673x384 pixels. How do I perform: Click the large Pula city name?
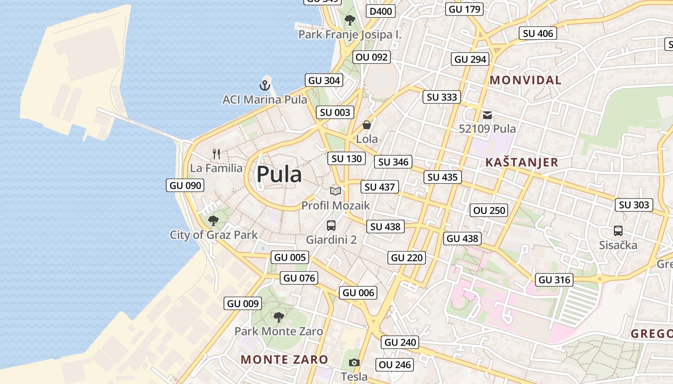pyautogui.click(x=279, y=174)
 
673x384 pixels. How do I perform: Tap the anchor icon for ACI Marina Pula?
pyautogui.click(x=264, y=86)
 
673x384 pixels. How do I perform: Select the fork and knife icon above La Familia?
pyautogui.click(x=216, y=154)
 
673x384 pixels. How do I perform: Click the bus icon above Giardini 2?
pyautogui.click(x=331, y=225)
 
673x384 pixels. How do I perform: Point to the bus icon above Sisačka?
pyautogui.click(x=618, y=231)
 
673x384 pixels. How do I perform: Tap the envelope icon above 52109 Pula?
pyautogui.click(x=487, y=115)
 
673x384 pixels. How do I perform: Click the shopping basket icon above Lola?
pyautogui.click(x=367, y=125)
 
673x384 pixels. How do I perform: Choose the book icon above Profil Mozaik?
pyautogui.click(x=336, y=191)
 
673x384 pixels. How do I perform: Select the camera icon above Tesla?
pyautogui.click(x=354, y=362)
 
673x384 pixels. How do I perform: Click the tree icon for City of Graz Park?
pyautogui.click(x=213, y=221)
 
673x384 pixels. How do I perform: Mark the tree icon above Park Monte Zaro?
pyautogui.click(x=278, y=317)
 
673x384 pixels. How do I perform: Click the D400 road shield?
pyautogui.click(x=380, y=12)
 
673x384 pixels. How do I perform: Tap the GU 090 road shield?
pyautogui.click(x=186, y=185)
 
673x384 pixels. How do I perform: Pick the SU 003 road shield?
pyautogui.click(x=335, y=113)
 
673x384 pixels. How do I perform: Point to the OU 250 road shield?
pyautogui.click(x=489, y=210)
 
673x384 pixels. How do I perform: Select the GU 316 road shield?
pyautogui.click(x=554, y=280)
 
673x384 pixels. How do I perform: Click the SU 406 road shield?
pyautogui.click(x=538, y=33)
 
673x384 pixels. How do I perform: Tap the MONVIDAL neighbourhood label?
pyautogui.click(x=525, y=80)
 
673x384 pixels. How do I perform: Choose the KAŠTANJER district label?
pyautogui.click(x=522, y=162)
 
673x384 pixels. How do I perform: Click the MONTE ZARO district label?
pyautogui.click(x=284, y=359)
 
